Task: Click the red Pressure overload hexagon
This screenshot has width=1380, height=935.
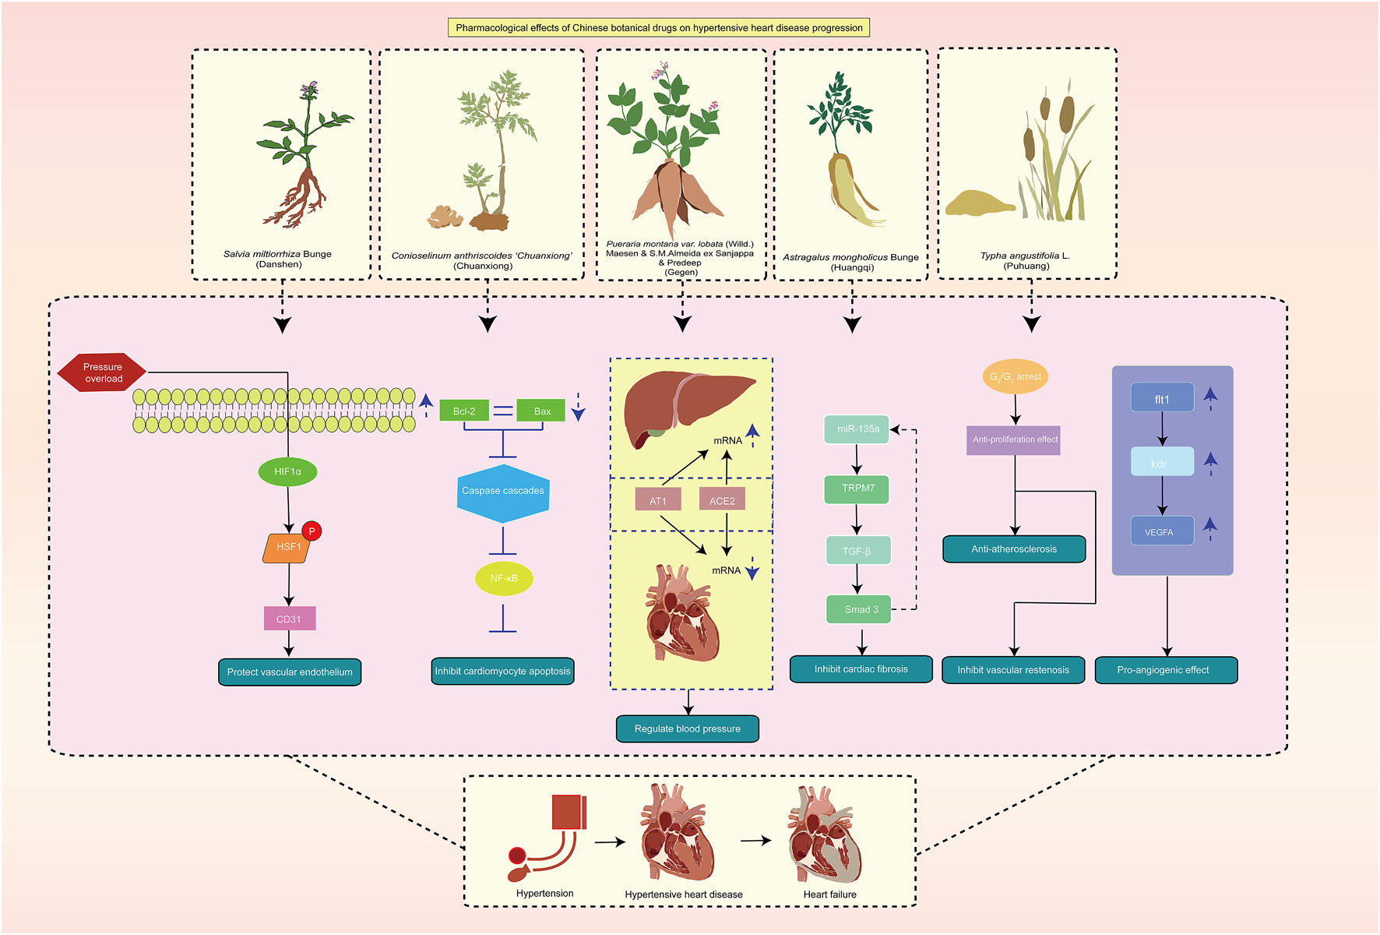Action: click(x=102, y=372)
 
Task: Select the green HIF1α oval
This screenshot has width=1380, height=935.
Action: click(x=287, y=471)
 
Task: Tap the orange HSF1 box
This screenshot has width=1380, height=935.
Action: click(x=287, y=547)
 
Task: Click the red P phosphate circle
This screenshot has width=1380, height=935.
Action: click(x=312, y=531)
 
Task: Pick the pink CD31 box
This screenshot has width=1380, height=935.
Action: click(x=289, y=619)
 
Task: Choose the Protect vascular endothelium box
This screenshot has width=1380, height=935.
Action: click(x=290, y=672)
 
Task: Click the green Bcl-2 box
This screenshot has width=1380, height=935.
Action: click(x=464, y=411)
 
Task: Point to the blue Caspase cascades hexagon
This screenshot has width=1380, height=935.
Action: click(x=503, y=492)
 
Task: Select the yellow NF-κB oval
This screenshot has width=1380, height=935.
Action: click(x=504, y=578)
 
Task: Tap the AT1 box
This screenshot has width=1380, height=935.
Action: click(x=658, y=500)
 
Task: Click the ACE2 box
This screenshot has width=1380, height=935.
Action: click(x=722, y=500)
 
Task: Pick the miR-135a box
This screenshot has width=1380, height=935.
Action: click(x=857, y=429)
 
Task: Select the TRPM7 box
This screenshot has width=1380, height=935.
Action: click(x=857, y=489)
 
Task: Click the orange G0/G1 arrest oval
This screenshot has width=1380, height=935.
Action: click(x=1015, y=377)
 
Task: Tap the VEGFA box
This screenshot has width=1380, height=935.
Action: click(x=1161, y=531)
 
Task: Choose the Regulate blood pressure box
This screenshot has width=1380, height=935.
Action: click(x=688, y=729)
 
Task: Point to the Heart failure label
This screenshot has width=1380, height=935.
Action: click(x=829, y=894)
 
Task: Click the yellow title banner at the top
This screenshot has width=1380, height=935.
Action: click(x=659, y=28)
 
